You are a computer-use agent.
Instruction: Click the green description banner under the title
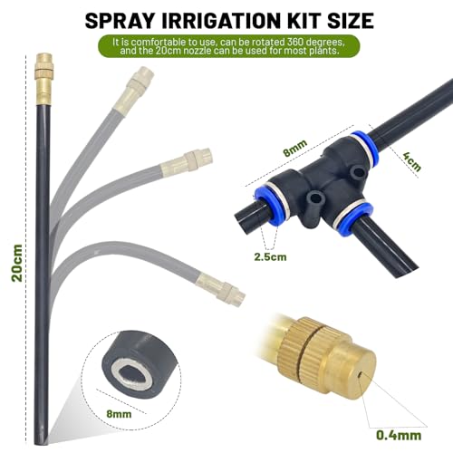pos(226,46)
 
